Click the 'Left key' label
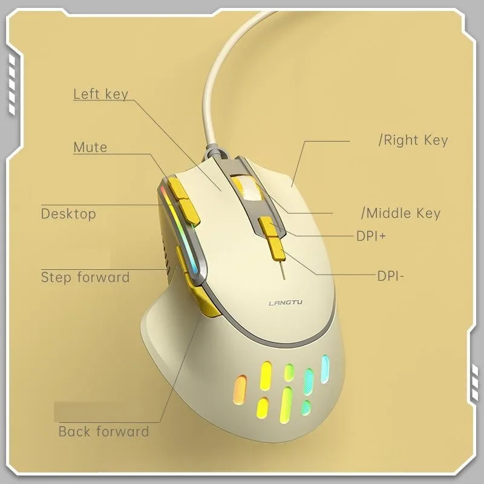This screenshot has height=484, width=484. point(100,94)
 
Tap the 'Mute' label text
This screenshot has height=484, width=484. point(90,147)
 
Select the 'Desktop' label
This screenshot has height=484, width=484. point(68,214)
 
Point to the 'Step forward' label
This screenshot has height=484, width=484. point(85,278)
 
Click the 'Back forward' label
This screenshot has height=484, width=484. point(103,431)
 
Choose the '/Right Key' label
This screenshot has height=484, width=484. point(413,140)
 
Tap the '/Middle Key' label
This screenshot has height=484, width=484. point(401,213)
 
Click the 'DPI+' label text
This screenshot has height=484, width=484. point(371,235)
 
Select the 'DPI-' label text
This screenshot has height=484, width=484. point(390,276)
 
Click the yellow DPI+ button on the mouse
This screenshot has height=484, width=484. point(269,227)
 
